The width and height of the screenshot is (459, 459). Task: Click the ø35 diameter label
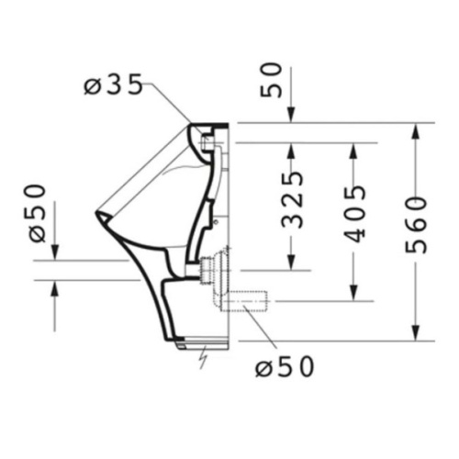112,86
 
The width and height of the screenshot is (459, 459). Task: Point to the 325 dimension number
291,198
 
